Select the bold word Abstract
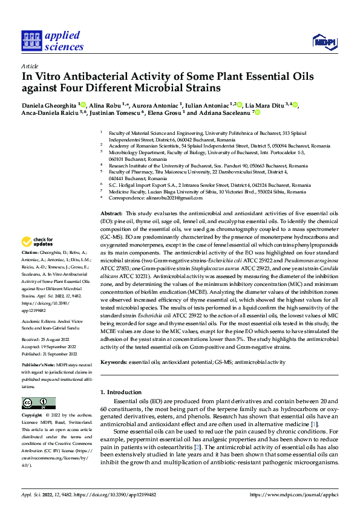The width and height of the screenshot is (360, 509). [x=111, y=215]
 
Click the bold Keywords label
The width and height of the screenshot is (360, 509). [x=114, y=361]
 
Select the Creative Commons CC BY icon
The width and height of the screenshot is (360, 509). [x=38, y=403]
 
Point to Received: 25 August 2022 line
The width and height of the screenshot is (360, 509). [x=49, y=339]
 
